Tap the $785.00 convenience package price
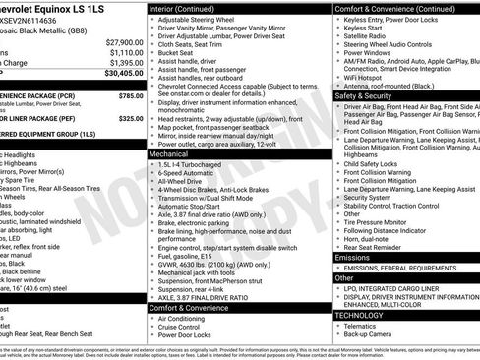[130, 95]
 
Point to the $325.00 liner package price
[130, 118]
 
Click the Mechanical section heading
[170, 153]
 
